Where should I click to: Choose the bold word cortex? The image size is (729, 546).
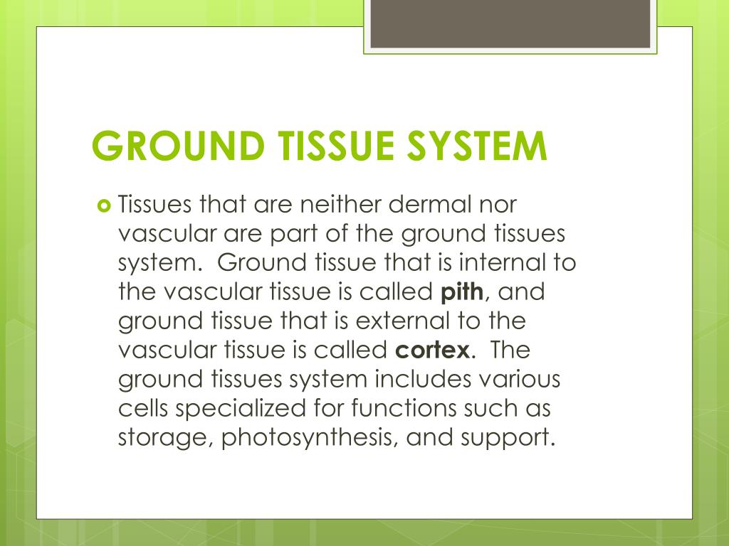tap(431, 350)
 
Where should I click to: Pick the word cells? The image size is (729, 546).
tap(144, 409)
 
